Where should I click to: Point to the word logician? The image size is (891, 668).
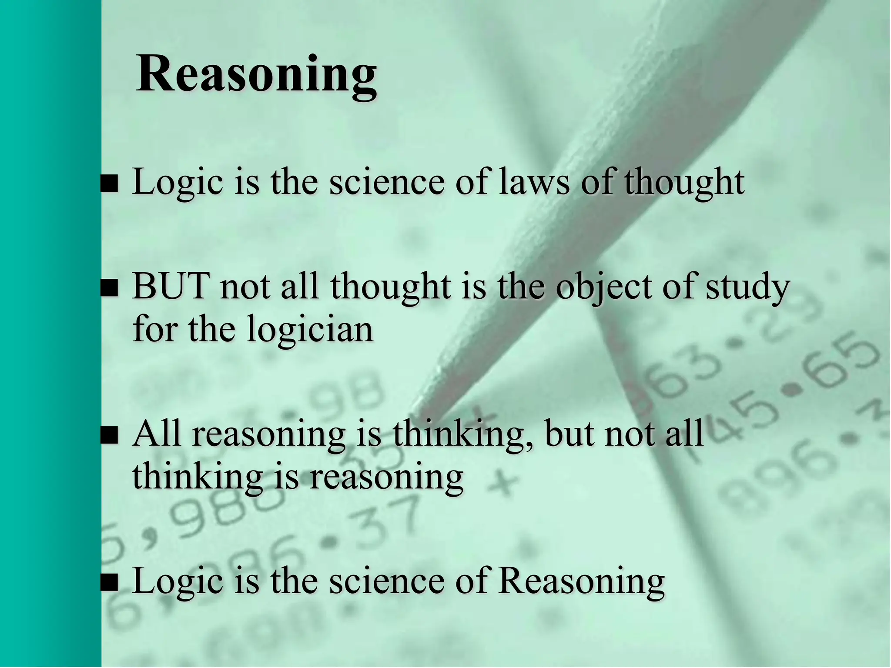310,330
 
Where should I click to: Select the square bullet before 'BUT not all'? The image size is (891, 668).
109,288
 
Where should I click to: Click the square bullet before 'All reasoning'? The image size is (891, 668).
109,435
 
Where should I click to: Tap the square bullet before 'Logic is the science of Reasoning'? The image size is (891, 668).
109,583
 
